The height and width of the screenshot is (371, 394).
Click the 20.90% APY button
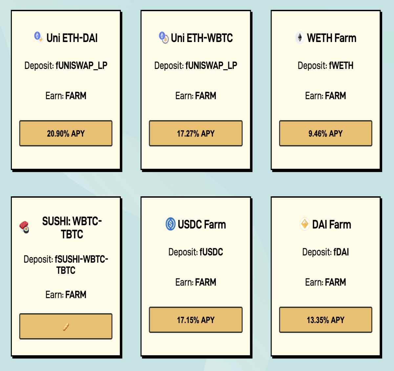66,133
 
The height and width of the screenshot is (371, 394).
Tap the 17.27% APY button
196,133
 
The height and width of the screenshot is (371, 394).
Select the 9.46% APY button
326,133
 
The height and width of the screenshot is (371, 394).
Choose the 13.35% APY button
326,320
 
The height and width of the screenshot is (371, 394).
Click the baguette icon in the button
66,327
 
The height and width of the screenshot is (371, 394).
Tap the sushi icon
24,227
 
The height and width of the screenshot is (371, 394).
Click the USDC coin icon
170,224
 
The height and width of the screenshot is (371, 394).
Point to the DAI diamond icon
304,224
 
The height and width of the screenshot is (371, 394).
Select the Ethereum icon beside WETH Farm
300,37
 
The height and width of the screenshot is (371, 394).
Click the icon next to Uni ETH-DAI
39,37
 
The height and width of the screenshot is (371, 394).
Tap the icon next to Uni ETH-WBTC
164,37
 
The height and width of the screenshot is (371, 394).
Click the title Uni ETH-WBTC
202,38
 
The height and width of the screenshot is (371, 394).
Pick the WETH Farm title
332,38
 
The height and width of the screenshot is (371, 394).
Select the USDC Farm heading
202,224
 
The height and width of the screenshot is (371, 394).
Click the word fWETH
341,65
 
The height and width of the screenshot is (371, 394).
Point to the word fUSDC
211,252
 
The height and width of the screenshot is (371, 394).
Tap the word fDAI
341,252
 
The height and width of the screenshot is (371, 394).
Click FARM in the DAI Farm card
336,282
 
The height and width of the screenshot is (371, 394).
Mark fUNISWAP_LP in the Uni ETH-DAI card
81,66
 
